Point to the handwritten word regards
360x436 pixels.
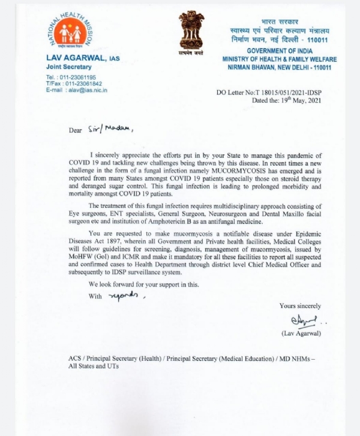click(x=125, y=295)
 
